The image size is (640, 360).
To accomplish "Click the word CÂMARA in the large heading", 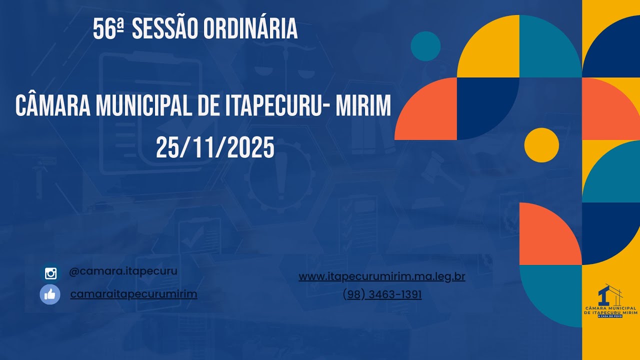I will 52,106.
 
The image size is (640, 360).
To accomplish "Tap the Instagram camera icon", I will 50,273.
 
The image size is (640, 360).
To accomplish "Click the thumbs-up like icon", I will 50,294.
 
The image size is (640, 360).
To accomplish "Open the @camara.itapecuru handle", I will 123,271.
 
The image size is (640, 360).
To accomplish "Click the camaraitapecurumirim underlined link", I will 133,294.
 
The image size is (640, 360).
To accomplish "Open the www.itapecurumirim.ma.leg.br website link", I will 382,276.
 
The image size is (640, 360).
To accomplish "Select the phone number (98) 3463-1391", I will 382,295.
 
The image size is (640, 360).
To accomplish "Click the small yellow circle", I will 541,145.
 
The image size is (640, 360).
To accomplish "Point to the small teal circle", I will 425,46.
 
